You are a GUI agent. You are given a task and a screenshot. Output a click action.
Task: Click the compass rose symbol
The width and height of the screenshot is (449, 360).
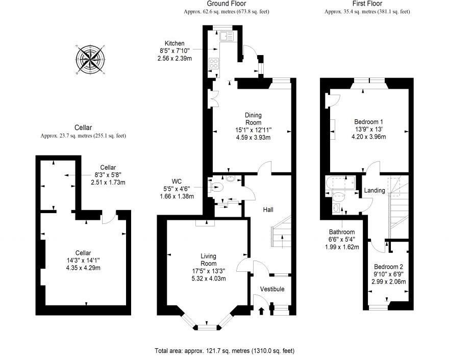pos(91,60)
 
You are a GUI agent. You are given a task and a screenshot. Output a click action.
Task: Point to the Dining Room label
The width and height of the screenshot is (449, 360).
pos(253,119)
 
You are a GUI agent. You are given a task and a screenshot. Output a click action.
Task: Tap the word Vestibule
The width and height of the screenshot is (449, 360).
pos(272,289)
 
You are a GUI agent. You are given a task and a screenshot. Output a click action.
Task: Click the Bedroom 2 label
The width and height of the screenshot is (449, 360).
pos(388,267)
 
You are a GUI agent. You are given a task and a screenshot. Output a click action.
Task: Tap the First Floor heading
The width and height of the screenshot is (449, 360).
pos(367,4)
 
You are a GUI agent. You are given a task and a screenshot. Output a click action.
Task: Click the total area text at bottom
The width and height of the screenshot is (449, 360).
pos(224,351)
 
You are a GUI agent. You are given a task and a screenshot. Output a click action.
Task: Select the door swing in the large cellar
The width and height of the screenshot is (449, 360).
pos(107,218)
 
